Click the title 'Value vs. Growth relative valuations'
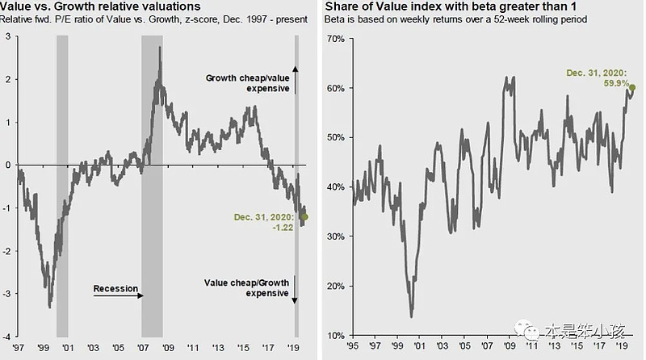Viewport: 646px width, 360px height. [x=100, y=6]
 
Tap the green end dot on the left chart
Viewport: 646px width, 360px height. [x=304, y=216]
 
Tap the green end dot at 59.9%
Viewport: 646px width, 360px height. [x=632, y=87]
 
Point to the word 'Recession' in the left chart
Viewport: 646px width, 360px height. [x=115, y=288]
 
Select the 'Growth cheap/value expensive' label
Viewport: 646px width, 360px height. [x=247, y=83]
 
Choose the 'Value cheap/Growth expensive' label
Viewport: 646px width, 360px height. [x=247, y=287]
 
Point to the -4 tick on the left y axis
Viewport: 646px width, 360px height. [x=7, y=336]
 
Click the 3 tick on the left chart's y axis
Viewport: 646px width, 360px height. [x=9, y=36]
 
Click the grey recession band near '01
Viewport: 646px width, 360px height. [x=62, y=186]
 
